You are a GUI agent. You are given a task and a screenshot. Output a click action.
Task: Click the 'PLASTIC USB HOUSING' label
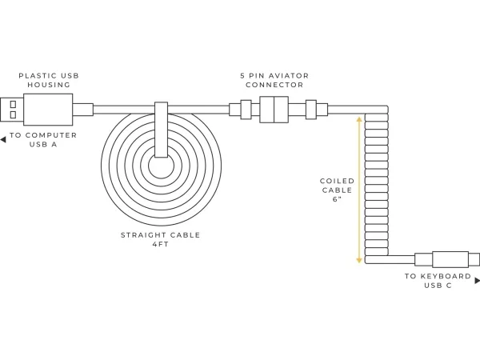(48, 79)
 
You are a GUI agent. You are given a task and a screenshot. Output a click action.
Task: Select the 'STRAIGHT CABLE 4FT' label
(160, 240)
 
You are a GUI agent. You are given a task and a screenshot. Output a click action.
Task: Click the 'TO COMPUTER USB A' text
(43, 139)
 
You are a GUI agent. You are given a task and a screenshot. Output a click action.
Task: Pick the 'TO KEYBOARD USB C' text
(438, 281)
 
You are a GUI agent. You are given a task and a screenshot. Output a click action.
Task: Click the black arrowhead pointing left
(3, 139)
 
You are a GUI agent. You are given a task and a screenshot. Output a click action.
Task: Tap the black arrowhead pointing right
(477, 281)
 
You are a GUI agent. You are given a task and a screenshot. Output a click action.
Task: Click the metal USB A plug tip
(12, 109)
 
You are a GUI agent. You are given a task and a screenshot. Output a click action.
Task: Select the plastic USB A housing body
(48, 109)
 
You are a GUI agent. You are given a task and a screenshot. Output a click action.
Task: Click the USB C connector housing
(450, 260)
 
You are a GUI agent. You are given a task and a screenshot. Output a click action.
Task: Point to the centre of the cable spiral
(160, 168)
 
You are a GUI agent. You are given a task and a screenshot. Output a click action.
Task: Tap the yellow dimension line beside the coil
(359, 189)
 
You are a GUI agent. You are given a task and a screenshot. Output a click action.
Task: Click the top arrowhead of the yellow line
(359, 118)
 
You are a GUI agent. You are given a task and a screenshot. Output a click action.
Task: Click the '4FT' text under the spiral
(160, 245)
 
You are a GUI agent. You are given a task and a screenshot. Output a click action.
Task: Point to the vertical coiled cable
(376, 184)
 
